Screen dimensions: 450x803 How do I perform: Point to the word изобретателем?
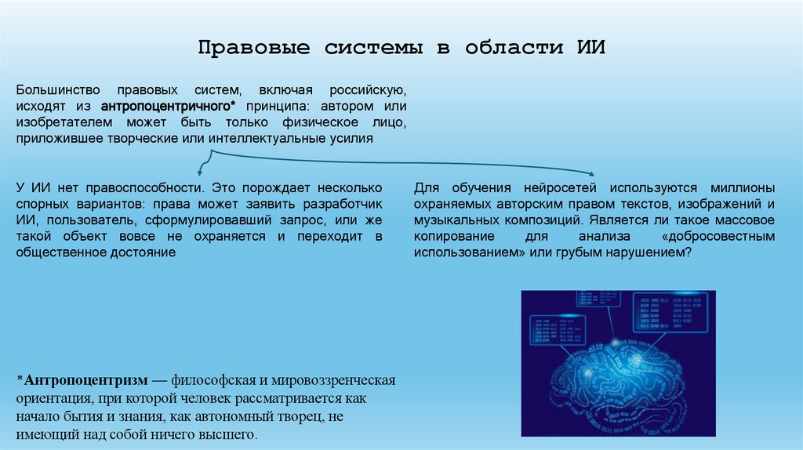pyautogui.click(x=60, y=122)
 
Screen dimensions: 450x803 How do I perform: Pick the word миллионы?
pyautogui.click(x=743, y=188)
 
